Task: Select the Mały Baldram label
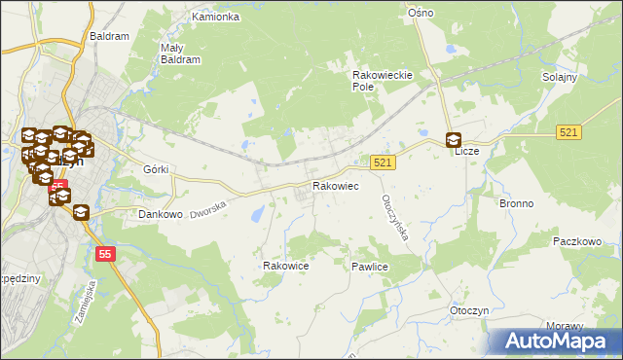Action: point(179,53)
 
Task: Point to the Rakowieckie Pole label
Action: point(384,79)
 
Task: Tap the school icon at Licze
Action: point(455,140)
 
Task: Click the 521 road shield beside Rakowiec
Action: point(383,163)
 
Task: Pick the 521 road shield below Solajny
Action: point(570,131)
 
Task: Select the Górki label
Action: point(156,169)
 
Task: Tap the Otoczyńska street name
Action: point(394,213)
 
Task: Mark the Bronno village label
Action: point(517,204)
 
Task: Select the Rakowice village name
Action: point(286,265)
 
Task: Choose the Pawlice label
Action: point(370,266)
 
